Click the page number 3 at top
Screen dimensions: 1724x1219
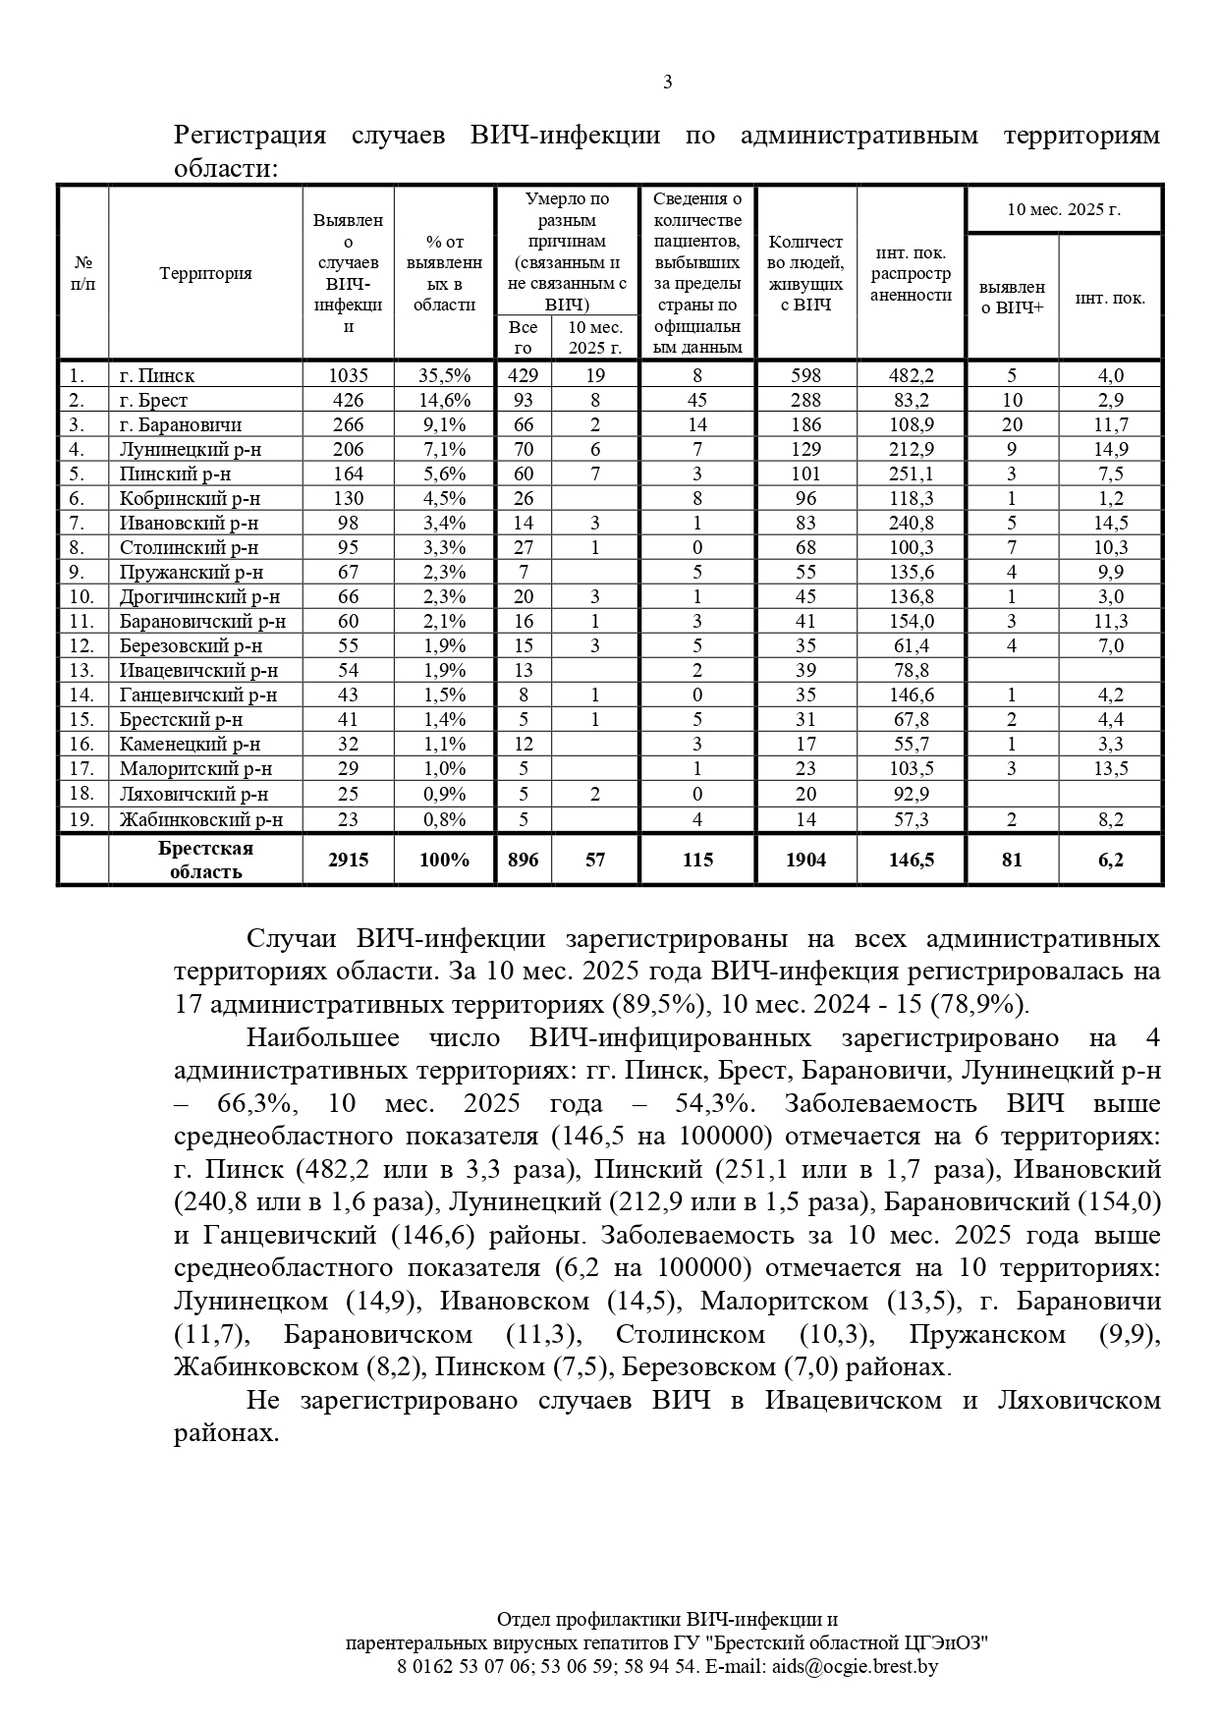pyautogui.click(x=668, y=83)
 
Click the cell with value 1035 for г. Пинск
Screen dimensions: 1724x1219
pyautogui.click(x=348, y=375)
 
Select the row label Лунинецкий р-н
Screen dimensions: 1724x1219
pyautogui.click(x=191, y=449)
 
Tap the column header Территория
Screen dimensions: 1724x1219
pyautogui.click(x=205, y=273)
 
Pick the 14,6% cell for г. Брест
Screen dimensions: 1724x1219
pyautogui.click(x=444, y=400)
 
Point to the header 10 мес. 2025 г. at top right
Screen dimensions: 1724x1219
pyautogui.click(x=1064, y=209)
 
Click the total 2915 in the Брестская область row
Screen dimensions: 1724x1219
pyautogui.click(x=348, y=860)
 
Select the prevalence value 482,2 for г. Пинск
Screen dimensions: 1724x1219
pyautogui.click(x=911, y=375)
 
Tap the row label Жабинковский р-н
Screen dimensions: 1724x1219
pyautogui.click(x=201, y=819)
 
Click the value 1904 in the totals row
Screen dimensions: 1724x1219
pyautogui.click(x=805, y=860)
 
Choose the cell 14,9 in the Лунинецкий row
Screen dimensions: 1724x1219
pyautogui.click(x=1110, y=449)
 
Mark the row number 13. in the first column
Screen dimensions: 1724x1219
pyautogui.click(x=82, y=670)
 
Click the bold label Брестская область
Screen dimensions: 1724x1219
pyautogui.click(x=205, y=860)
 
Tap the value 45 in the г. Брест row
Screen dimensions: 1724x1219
pyautogui.click(x=697, y=400)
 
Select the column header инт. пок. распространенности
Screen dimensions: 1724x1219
pyautogui.click(x=911, y=273)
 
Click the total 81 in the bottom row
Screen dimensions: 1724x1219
pyautogui.click(x=1012, y=860)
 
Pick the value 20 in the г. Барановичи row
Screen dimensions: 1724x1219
pyautogui.click(x=1012, y=424)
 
